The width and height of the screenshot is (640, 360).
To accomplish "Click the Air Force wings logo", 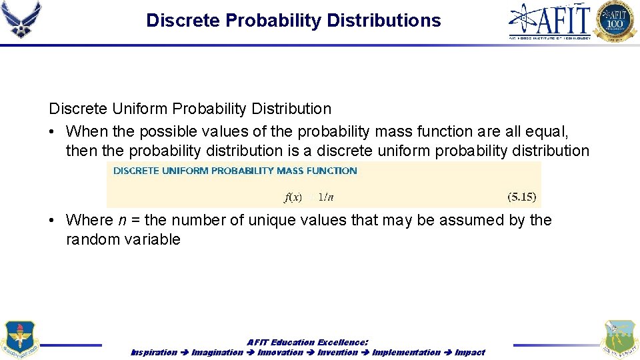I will click(x=21, y=20).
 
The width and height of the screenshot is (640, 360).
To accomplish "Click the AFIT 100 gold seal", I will click(x=616, y=21).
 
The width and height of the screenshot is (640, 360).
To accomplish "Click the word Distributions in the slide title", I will click(x=383, y=21).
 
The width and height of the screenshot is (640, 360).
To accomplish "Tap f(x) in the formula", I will click(x=293, y=197).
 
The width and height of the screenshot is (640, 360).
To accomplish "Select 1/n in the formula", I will click(x=326, y=197).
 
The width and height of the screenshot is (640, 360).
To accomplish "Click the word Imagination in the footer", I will click(x=217, y=352).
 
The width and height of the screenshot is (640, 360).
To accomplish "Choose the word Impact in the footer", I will click(x=470, y=352).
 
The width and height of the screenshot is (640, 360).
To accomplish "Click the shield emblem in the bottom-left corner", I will click(x=20, y=340).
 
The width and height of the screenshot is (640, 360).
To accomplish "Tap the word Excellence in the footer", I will click(x=342, y=343).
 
